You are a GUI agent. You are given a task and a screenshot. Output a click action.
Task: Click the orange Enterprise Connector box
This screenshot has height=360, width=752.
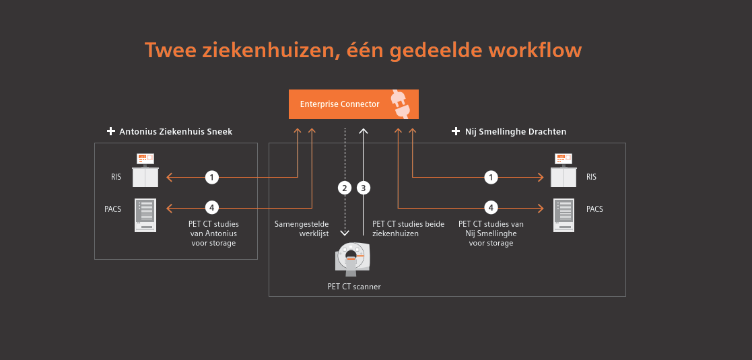[353, 104]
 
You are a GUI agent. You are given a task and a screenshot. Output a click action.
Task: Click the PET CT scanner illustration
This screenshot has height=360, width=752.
[353, 259]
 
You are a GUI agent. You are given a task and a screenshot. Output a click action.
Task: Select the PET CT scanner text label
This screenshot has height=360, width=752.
[354, 287]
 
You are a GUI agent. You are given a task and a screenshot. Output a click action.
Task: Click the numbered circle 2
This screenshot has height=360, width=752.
[345, 188]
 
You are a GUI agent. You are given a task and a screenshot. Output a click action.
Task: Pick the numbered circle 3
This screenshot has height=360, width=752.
[364, 188]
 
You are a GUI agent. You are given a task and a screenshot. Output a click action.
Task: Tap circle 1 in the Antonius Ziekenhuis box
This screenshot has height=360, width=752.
[212, 178]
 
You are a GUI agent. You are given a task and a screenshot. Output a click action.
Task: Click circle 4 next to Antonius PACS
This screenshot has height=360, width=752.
[212, 207]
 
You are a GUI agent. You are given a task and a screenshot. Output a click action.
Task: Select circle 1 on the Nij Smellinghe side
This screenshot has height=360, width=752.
[492, 178]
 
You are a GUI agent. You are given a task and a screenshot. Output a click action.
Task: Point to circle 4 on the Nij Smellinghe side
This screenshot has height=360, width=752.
[492, 207]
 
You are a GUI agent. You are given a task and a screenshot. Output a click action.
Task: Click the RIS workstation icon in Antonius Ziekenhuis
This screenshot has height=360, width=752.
[145, 171]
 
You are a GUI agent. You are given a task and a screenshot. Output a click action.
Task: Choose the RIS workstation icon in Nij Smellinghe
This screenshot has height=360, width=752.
[563, 171]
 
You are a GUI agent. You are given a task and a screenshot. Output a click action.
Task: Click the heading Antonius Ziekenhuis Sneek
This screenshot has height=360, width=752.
[175, 132]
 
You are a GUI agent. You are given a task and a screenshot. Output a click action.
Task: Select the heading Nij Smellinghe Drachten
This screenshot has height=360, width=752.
[516, 132]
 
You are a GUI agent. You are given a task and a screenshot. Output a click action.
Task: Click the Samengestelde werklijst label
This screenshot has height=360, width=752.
[302, 229]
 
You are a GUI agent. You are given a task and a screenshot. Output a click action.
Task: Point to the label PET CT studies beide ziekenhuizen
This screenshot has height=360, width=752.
[408, 229]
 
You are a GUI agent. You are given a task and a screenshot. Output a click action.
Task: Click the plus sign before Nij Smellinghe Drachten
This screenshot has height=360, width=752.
[456, 132]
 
